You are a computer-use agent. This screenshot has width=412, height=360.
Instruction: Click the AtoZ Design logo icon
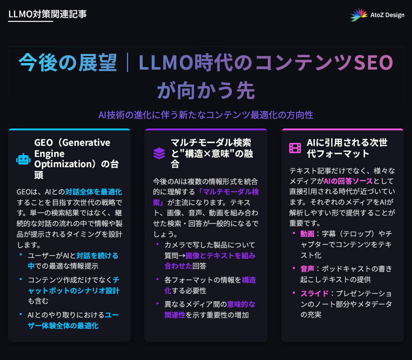tap(359, 15)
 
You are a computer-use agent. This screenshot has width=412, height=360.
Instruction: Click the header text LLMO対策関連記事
tap(47, 14)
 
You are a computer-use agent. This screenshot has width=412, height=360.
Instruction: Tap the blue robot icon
tap(23, 159)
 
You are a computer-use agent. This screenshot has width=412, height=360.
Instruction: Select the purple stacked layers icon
tap(159, 153)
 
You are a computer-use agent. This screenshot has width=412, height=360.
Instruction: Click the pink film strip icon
tap(295, 148)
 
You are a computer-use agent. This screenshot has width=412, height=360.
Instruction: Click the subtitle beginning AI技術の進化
tap(206, 115)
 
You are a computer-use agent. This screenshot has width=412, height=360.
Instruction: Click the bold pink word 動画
tap(307, 234)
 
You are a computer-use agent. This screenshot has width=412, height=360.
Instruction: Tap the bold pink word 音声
tap(307, 269)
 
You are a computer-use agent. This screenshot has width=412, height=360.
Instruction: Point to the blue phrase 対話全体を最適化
tap(94, 192)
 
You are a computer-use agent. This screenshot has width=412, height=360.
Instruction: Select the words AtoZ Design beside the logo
tap(387, 15)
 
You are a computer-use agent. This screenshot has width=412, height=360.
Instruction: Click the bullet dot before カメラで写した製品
tap(157, 245)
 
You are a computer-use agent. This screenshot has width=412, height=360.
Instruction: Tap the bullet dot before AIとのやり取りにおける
tap(21, 314)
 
